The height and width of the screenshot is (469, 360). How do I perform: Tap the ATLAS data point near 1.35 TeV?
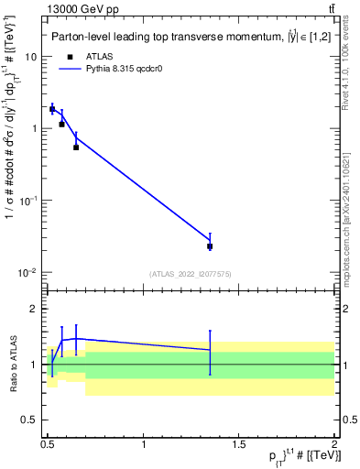click(210, 246)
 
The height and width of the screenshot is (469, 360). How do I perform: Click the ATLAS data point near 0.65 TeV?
click(76, 147)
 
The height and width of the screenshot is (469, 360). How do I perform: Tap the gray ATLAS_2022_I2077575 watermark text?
click(191, 274)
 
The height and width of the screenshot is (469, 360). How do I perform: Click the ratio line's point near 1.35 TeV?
click(210, 350)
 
